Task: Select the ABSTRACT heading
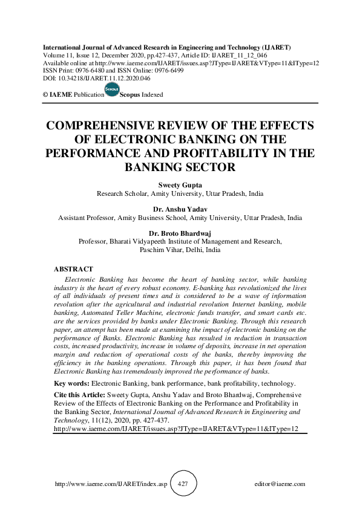click(x=74, y=268)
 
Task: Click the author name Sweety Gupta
click(x=180, y=186)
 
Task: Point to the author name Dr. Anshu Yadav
click(x=180, y=209)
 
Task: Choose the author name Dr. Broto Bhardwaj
click(x=180, y=233)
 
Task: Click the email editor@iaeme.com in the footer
click(x=280, y=484)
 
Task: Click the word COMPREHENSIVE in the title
click(x=114, y=126)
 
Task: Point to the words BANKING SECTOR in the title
click(x=180, y=166)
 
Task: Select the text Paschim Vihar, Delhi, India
click(x=180, y=249)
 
